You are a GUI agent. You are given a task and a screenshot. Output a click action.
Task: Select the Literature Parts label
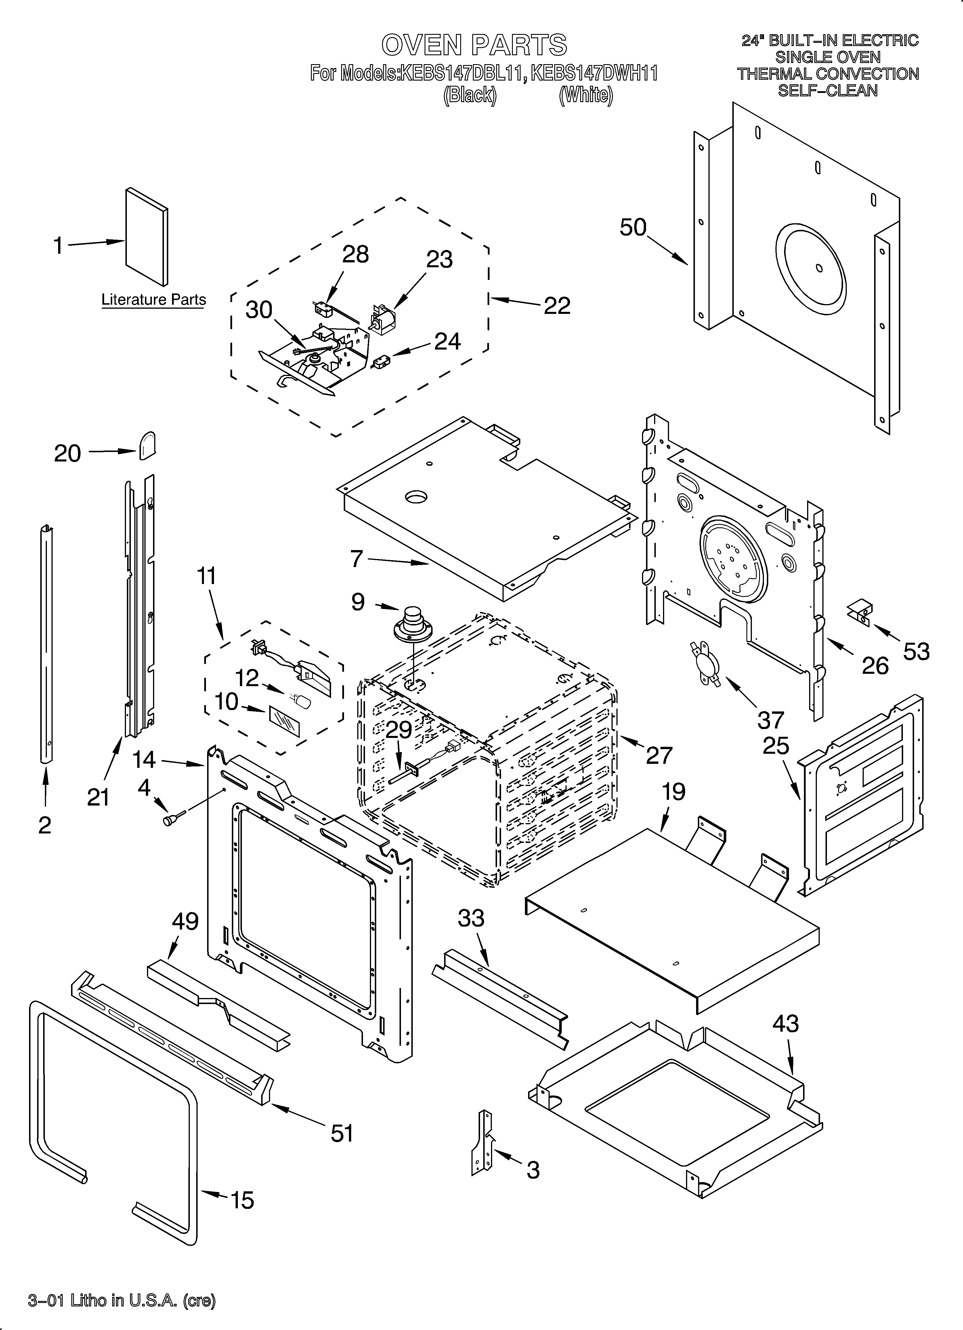(154, 300)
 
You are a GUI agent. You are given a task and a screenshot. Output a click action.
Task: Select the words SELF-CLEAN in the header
(828, 91)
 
